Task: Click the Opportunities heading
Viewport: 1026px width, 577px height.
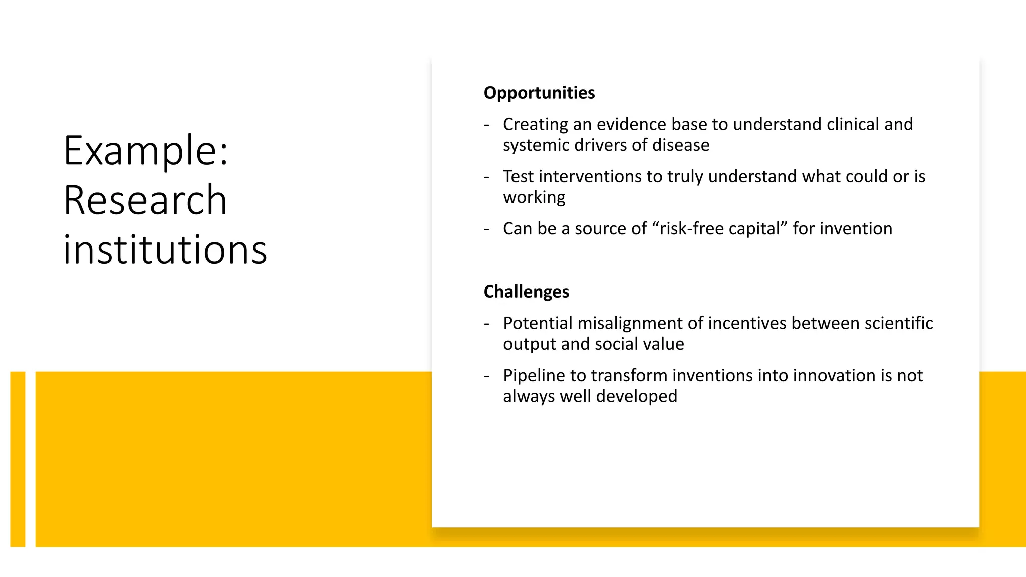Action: pos(539,93)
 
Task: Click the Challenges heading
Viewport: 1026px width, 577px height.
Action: pos(526,292)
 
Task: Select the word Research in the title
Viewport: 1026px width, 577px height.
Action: pos(145,200)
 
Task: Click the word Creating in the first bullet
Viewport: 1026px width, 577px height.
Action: pos(535,124)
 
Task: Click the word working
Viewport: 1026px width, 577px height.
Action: pos(534,197)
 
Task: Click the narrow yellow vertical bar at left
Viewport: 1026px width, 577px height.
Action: pos(18,459)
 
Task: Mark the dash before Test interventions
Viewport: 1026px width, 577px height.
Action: pos(486,177)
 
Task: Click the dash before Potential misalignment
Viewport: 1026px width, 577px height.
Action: pos(486,324)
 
